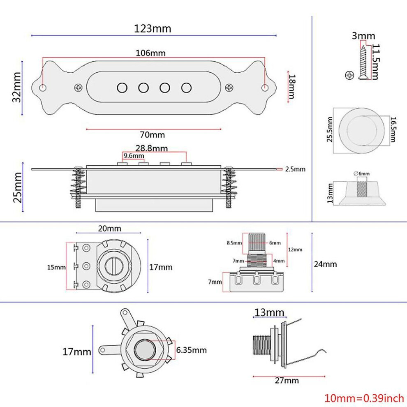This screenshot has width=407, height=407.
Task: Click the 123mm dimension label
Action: point(153,28)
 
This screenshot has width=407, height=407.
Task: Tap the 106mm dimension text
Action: point(150,53)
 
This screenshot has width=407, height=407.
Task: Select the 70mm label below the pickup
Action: point(153,135)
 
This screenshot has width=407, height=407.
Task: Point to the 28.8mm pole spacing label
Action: point(152,148)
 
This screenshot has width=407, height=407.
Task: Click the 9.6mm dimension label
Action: point(134,156)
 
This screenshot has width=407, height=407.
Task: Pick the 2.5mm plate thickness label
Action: point(296,169)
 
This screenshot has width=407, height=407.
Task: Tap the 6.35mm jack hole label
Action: point(192,350)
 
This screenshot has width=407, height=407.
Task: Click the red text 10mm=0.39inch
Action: point(364,398)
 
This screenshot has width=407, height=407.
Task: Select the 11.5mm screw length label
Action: point(376,62)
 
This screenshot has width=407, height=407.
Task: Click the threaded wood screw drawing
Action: point(363,62)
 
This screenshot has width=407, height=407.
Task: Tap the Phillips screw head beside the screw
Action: point(349,75)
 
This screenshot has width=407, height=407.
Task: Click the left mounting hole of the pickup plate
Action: point(43,88)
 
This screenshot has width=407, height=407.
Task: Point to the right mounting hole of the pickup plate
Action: point(265,88)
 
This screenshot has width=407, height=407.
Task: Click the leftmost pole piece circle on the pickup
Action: point(122,88)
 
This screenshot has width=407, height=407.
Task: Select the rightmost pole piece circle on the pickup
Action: point(186,88)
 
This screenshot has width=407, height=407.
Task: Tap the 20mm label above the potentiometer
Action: point(109,229)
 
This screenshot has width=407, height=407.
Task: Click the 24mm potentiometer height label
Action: point(326,264)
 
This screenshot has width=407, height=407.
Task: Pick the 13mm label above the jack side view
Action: point(269,312)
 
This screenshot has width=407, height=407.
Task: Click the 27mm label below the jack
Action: point(287,381)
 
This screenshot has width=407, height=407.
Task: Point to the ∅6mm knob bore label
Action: point(362,173)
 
